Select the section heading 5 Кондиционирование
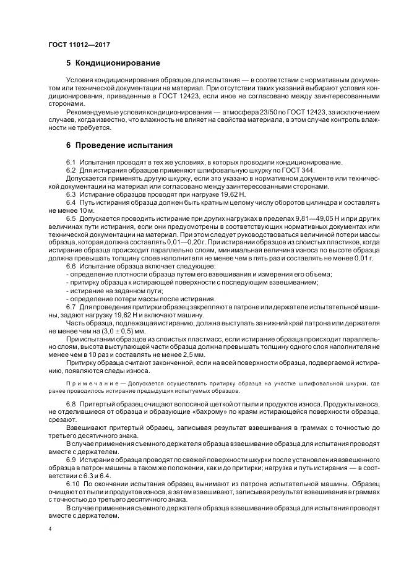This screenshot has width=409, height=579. [x=113, y=63]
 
